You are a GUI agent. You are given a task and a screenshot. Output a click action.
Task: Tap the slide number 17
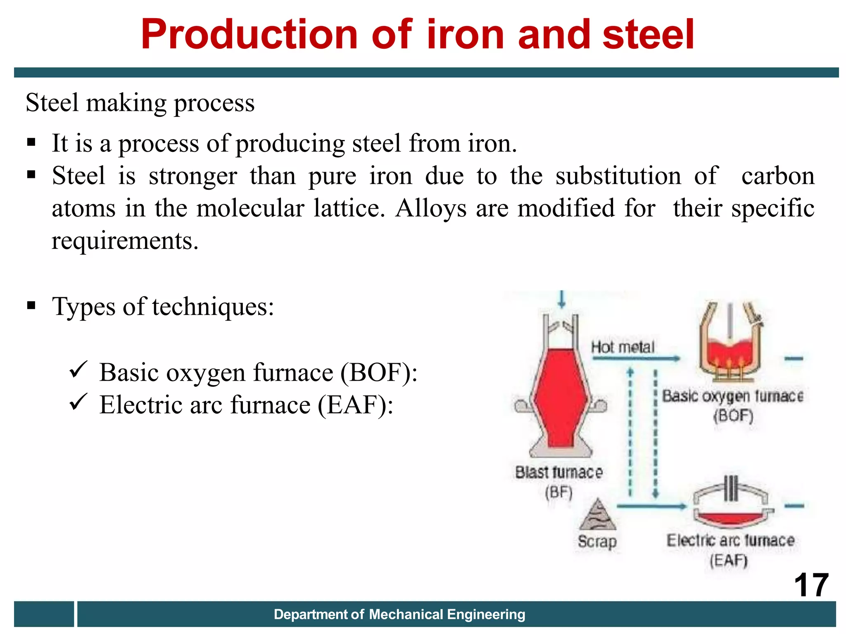(811, 585)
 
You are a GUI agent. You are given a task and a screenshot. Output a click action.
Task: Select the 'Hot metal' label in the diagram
(623, 347)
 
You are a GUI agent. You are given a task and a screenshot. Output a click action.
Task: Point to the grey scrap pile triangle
(597, 516)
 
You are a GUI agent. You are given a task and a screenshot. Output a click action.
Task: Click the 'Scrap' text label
(597, 541)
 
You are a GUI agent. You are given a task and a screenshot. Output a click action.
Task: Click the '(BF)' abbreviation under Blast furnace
(558, 492)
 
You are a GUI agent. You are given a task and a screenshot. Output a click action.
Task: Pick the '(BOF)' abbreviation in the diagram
(733, 415)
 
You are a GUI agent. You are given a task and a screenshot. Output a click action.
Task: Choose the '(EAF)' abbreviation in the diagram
(729, 561)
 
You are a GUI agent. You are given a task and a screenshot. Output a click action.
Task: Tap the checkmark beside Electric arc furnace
(78, 401)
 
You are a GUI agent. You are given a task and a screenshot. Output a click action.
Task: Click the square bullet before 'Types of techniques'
(31, 306)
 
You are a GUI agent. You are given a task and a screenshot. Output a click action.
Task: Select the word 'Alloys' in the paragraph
(431, 208)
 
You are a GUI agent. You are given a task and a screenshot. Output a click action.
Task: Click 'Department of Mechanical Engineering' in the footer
(399, 614)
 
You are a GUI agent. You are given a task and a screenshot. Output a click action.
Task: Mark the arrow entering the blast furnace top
(561, 299)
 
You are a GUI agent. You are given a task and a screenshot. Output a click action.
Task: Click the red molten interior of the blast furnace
(561, 396)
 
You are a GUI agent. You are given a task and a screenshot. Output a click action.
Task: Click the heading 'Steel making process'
(140, 103)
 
